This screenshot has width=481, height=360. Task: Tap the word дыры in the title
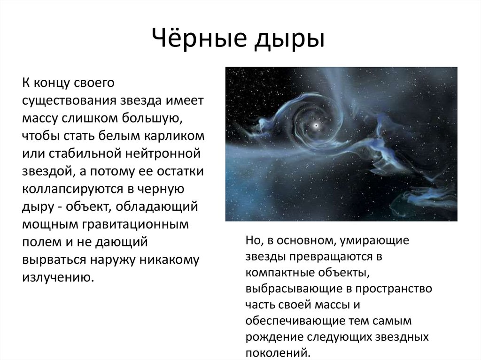289,39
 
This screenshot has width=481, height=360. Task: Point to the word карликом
174,136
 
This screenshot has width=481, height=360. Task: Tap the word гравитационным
135,225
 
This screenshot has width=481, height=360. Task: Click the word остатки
180,171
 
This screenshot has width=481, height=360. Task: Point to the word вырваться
54,260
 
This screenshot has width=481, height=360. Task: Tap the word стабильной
85,153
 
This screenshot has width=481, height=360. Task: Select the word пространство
394,289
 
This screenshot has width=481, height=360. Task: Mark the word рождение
274,337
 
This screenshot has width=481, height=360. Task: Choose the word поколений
278,352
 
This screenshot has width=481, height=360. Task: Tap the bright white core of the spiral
316,125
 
